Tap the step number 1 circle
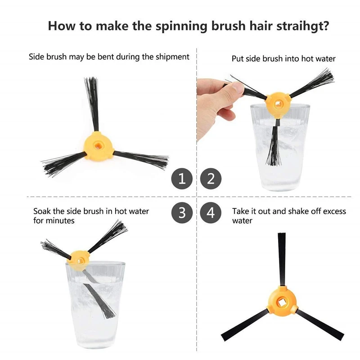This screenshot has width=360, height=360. click(182, 179)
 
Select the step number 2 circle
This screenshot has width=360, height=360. click(211, 179)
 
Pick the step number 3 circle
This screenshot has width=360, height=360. click(182, 212)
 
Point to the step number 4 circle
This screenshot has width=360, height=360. click(211, 212)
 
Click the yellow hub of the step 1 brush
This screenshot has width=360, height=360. click(99, 145)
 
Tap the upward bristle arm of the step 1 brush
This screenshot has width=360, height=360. click(93, 104)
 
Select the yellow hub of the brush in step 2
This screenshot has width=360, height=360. click(278, 104)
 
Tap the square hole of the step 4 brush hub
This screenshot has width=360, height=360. click(282, 303)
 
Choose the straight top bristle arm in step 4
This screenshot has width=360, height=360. click(282, 260)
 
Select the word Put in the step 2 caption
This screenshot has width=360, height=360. click(238, 59)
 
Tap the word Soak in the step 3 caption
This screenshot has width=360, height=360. click(42, 211)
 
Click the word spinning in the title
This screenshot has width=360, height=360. click(181, 27)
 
